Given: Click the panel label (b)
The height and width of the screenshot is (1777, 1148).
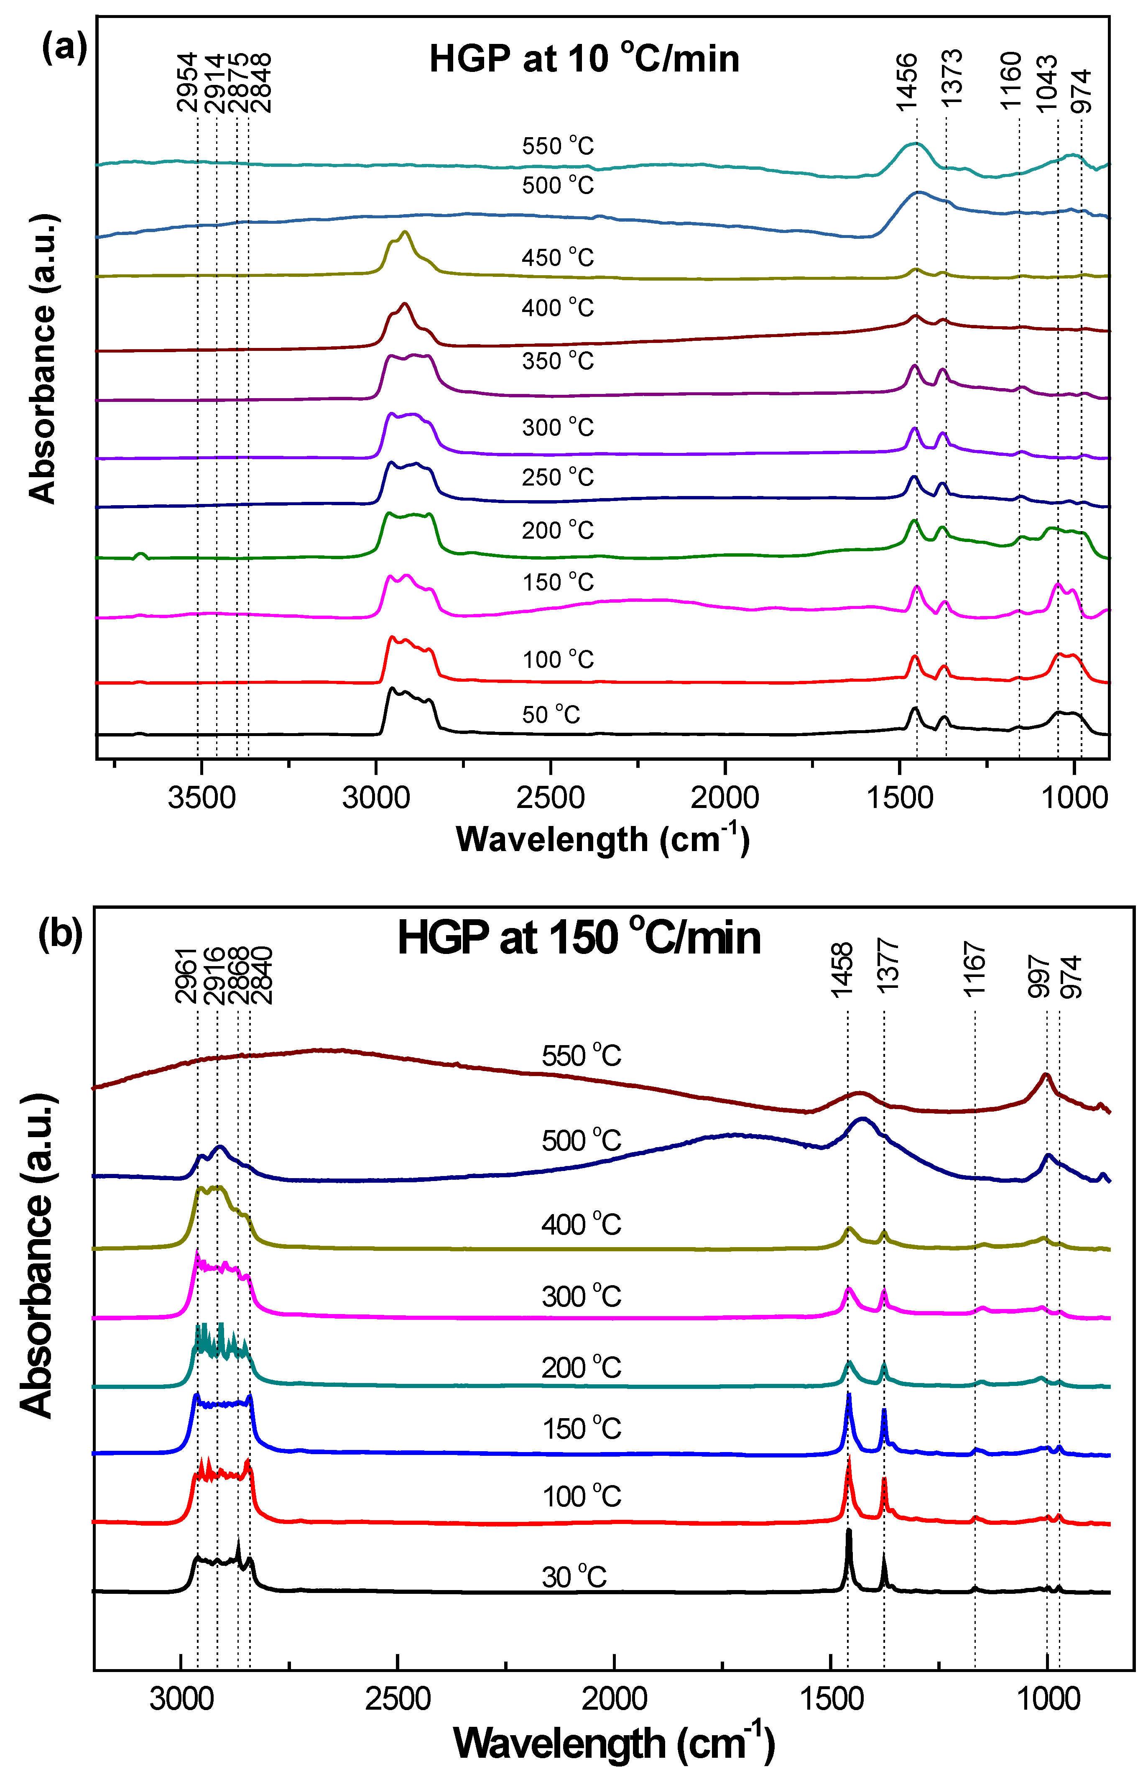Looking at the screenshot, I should point(60,934).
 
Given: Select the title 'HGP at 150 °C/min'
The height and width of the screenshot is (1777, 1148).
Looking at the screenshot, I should point(579,937).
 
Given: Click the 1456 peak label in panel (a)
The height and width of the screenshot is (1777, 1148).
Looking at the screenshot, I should point(906,82).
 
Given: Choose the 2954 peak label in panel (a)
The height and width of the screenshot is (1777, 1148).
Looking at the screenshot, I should point(187,82).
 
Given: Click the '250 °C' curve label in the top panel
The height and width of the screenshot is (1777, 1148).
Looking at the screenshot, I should point(558,477).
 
